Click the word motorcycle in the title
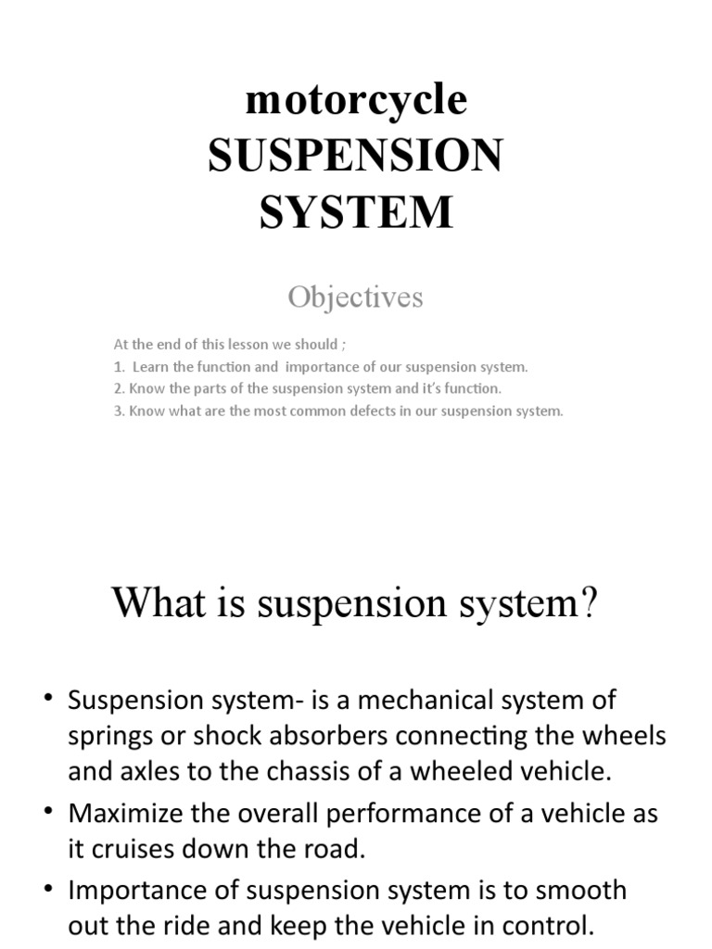tap(356, 100)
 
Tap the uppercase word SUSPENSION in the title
tap(356, 156)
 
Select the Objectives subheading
tap(355, 297)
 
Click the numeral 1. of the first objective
tap(119, 367)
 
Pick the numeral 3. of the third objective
tap(119, 411)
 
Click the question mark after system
tap(590, 605)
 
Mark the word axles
tap(145, 771)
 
